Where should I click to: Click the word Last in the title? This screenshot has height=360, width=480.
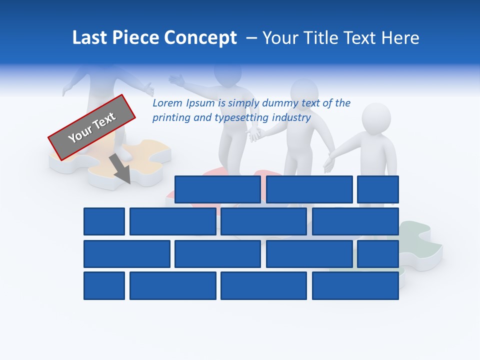90,38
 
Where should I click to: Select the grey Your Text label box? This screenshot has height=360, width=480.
92,127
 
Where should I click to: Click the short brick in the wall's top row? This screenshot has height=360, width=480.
378,189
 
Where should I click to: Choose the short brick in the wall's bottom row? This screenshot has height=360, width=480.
104,286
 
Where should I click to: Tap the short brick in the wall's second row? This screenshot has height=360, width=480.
104,221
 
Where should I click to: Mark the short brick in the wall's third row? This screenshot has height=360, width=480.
378,254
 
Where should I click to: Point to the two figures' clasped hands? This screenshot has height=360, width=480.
256,133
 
